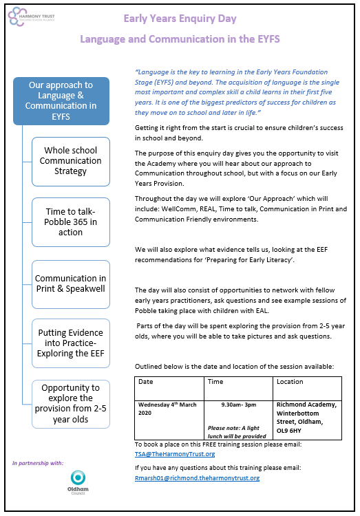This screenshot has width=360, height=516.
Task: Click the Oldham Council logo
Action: tap(78, 484)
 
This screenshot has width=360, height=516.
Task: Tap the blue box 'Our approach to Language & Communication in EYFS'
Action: tap(61, 100)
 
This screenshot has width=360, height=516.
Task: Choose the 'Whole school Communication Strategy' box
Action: tap(71, 161)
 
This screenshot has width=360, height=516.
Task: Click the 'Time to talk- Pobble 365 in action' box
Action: tap(71, 222)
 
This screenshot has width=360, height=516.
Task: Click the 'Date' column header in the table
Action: tap(147, 382)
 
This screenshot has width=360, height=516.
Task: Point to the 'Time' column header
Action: tap(216, 382)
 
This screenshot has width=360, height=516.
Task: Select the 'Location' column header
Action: tap(290, 382)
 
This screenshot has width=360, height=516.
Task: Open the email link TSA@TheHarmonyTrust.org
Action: tap(174, 454)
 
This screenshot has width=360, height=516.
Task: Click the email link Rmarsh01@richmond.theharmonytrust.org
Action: tap(197, 478)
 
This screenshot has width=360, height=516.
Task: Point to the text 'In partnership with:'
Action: tap(38, 462)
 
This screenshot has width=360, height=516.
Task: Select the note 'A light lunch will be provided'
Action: tap(236, 431)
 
